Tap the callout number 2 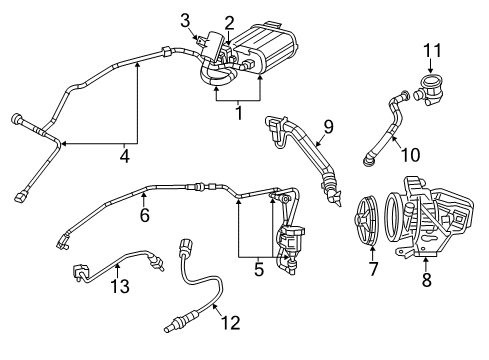click(229, 22)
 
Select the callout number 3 click(185, 20)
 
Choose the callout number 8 click(427, 282)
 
